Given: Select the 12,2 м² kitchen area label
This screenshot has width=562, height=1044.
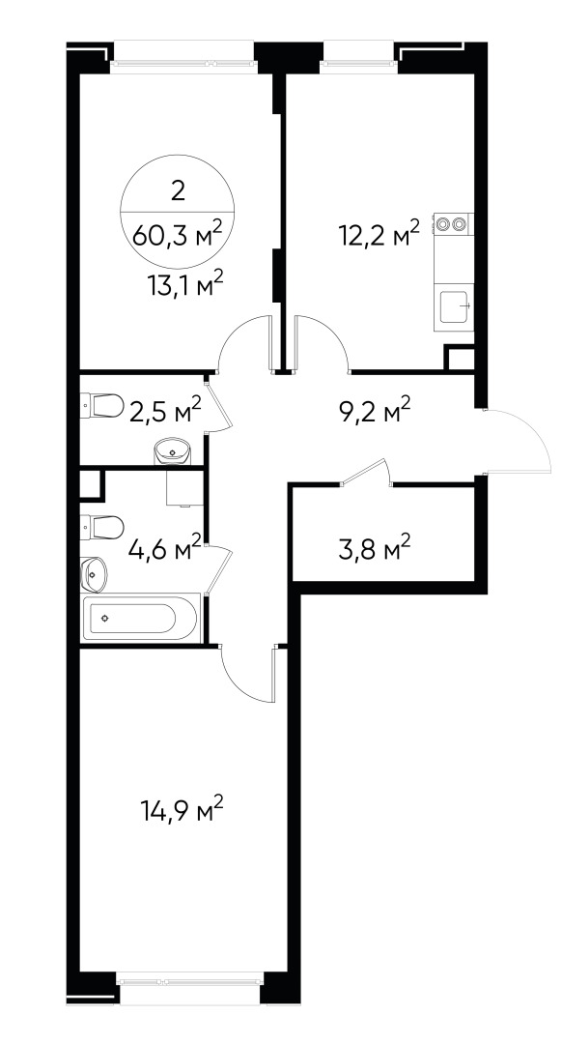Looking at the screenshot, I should (379, 234).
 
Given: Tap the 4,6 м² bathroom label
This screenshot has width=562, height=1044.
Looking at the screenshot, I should (165, 549).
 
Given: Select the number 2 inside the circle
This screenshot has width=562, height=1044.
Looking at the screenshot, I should (177, 190).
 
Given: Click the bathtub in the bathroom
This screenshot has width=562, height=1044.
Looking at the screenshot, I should (143, 619).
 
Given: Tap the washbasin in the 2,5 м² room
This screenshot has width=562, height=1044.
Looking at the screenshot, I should (174, 449).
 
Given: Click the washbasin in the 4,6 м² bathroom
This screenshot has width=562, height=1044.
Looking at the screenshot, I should (95, 575).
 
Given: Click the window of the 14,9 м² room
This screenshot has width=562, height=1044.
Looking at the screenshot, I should (190, 977).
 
